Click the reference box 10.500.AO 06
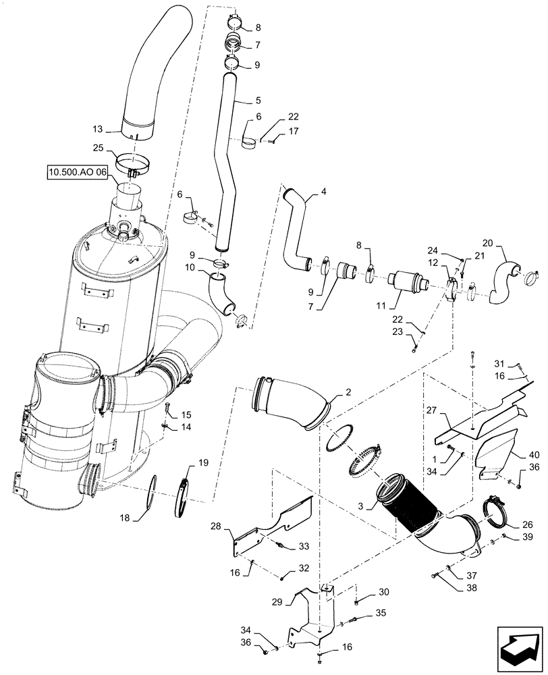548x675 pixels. point(78,173)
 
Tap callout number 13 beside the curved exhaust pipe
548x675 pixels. point(99,128)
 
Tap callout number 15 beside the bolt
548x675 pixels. point(185,414)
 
